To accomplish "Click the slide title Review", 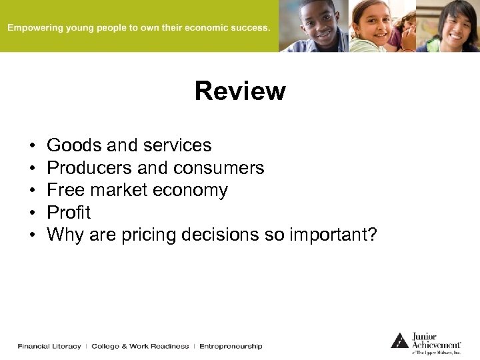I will pos(240,91).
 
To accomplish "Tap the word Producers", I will pos(89,168).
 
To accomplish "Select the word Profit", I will pos(69,213).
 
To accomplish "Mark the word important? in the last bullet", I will pos(333,235).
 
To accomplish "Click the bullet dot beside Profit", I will pos(32,213).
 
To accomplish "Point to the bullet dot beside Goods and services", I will pos(32,146).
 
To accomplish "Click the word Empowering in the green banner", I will pos(34,29).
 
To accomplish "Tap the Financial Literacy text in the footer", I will pos(49,346).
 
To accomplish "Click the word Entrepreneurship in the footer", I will pos(231,346).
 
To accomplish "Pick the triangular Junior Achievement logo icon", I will pos(400,340).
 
